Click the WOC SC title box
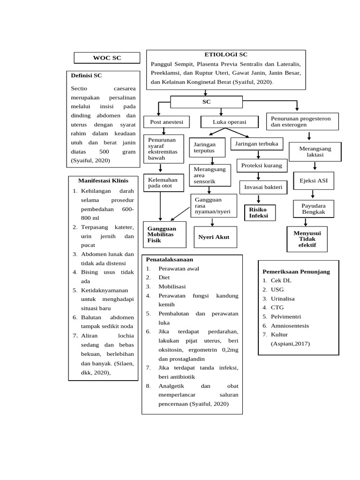(107, 58)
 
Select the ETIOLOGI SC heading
(226, 55)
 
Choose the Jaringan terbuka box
(257, 143)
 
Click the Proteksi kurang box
(262, 165)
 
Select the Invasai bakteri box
(263, 187)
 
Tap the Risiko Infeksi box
(259, 212)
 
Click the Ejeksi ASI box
(314, 180)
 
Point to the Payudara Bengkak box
(314, 209)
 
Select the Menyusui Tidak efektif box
(307, 239)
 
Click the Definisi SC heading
(86, 75)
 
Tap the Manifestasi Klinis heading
(103, 180)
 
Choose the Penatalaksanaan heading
(170, 259)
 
